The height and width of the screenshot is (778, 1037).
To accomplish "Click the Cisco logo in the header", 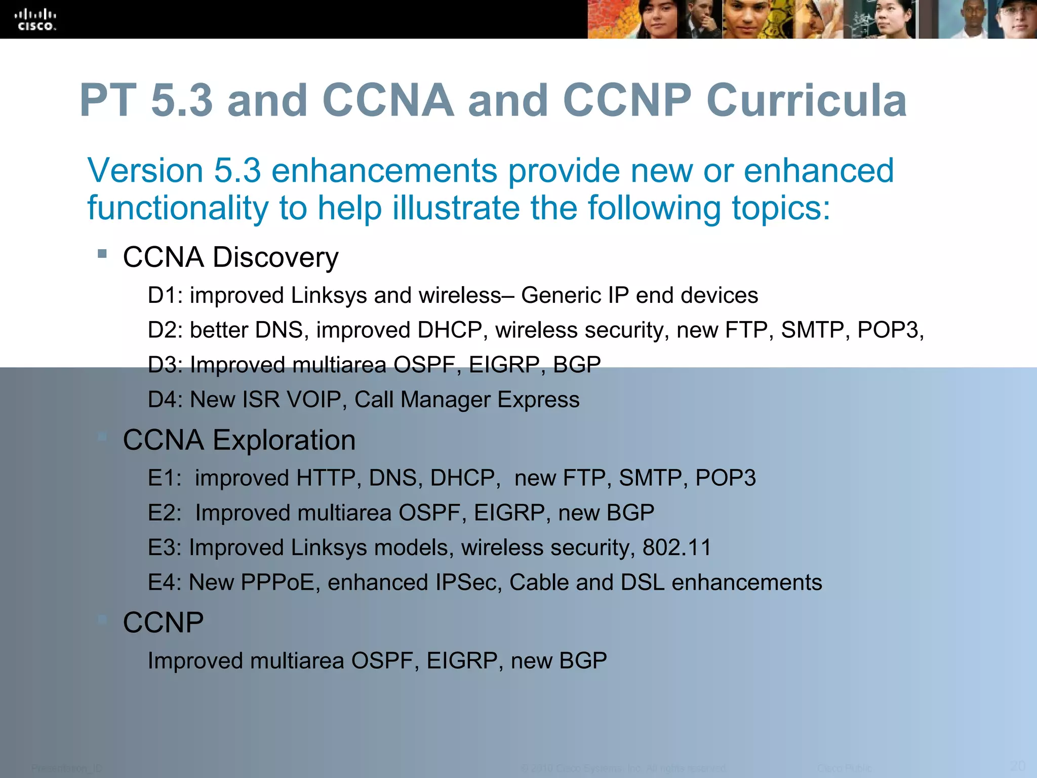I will pos(35,20).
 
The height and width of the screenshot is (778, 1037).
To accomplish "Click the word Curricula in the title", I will pos(806,100).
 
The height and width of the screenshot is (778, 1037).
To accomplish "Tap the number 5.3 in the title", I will pos(182,100).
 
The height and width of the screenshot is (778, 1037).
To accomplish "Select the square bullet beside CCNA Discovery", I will pos(102,253).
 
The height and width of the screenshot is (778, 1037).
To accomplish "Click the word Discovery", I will pos(275,257).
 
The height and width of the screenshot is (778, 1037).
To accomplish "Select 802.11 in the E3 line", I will pos(677,548).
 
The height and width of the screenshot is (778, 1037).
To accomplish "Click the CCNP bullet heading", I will pos(163,623).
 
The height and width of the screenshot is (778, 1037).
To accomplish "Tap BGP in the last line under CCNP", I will pos(583,661).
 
